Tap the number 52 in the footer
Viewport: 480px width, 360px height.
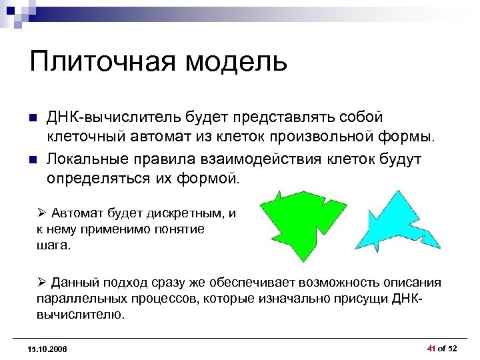point(453,349)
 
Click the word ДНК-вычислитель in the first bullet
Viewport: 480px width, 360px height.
point(105,117)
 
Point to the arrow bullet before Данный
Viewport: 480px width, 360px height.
point(41,283)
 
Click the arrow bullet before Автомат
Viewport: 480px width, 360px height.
point(41,213)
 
